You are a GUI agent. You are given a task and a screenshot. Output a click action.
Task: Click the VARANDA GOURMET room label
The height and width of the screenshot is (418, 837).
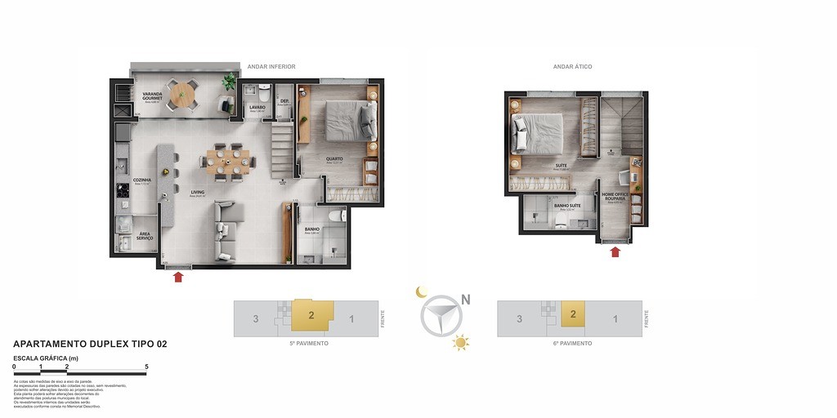(151, 96)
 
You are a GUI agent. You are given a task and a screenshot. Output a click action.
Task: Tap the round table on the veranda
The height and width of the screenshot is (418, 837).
(182, 94)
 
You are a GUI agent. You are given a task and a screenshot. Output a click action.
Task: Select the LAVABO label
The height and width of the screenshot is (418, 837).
(257, 107)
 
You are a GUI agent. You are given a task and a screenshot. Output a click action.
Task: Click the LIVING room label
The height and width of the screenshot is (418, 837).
(198, 193)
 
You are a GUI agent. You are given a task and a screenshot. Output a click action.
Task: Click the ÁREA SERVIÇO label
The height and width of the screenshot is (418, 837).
(145, 236)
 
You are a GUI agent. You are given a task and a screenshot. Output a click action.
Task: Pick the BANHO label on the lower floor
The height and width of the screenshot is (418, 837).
(311, 229)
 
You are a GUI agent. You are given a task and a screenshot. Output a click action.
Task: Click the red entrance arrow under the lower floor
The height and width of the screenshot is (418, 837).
(178, 277)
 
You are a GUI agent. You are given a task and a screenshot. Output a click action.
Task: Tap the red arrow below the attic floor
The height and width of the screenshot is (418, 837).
(615, 251)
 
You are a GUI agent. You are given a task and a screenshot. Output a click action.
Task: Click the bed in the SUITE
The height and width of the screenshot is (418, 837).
(538, 133)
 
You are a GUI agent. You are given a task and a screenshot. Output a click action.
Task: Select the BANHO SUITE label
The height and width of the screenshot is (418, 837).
(566, 205)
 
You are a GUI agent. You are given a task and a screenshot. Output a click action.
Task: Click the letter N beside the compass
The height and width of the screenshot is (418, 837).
(465, 300)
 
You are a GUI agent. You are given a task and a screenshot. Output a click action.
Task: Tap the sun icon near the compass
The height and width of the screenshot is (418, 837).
(461, 343)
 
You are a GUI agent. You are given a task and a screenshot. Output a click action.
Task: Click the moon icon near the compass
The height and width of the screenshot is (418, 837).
(422, 291)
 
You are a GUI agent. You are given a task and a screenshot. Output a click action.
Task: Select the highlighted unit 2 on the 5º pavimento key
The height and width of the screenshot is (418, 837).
(312, 315)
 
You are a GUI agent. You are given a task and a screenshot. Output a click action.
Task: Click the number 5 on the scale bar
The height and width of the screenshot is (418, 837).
(146, 367)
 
